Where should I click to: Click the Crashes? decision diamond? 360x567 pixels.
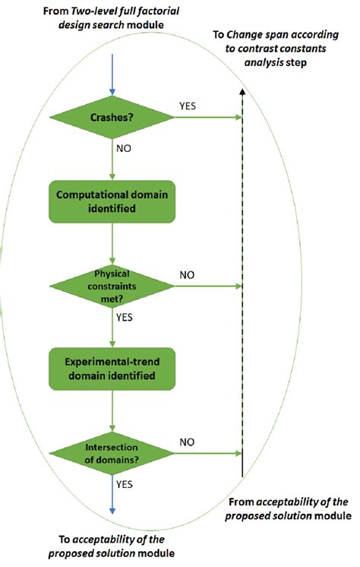click(112, 119)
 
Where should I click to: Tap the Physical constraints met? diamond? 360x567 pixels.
click(112, 286)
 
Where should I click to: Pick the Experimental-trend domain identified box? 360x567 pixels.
click(112, 369)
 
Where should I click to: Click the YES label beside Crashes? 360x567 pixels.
click(188, 106)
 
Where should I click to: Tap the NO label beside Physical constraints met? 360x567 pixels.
click(188, 273)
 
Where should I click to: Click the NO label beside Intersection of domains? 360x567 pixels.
click(188, 441)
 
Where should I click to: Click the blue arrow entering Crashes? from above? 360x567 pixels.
click(112, 76)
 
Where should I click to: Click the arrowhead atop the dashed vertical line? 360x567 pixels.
click(242, 90)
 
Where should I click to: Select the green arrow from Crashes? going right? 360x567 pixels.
click(205, 119)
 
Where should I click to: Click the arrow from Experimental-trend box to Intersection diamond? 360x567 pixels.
click(112, 410)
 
